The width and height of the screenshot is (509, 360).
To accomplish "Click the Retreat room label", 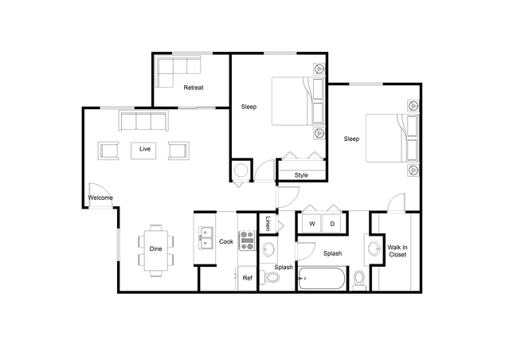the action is pyautogui.click(x=194, y=88).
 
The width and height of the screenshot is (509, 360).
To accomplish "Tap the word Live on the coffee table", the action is pyautogui.click(x=145, y=149).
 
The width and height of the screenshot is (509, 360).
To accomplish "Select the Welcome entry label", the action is pyautogui.click(x=100, y=198).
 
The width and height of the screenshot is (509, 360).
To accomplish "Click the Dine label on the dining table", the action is pyautogui.click(x=155, y=249).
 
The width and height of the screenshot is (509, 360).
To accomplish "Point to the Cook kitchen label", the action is pyautogui.click(x=226, y=241).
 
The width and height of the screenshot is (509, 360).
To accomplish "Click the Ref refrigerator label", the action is pyautogui.click(x=248, y=278).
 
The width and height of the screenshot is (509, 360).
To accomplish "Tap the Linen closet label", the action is pyautogui.click(x=268, y=223).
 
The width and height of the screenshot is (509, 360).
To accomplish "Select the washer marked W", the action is pyautogui.click(x=311, y=223).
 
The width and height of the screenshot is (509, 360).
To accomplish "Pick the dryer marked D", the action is pyautogui.click(x=331, y=223).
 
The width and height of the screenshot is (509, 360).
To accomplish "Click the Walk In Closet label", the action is pyautogui.click(x=397, y=251).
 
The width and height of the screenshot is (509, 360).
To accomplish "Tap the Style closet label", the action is pyautogui.click(x=301, y=175).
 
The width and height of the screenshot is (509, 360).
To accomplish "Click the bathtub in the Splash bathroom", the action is pyautogui.click(x=322, y=279).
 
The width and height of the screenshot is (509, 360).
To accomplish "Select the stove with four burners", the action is pyautogui.click(x=247, y=241).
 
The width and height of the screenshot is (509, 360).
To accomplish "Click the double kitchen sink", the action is pyautogui.click(x=206, y=238).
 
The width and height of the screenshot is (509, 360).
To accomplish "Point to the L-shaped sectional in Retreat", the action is pyautogui.click(x=178, y=72).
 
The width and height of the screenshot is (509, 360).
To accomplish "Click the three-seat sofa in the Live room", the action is pyautogui.click(x=143, y=121).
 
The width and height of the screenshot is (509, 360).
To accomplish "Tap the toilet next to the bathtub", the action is pyautogui.click(x=359, y=280).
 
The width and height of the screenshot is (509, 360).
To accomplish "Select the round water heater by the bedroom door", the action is pyautogui.click(x=241, y=170).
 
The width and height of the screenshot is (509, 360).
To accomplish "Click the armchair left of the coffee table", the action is pyautogui.click(x=108, y=151).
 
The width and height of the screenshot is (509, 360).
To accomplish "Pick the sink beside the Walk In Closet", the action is pyautogui.click(x=374, y=249).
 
